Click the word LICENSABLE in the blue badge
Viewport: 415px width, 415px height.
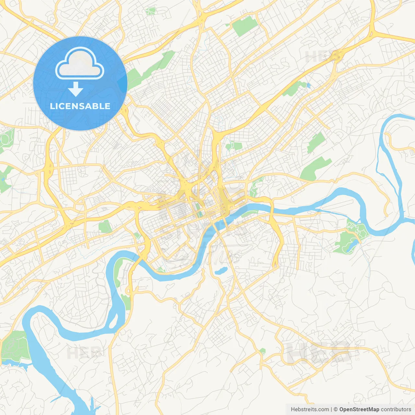coord(80,106)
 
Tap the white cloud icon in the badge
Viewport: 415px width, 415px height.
coord(80,63)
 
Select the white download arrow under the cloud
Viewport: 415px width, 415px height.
coord(76,89)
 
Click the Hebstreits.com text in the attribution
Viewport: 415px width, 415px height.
coord(310,409)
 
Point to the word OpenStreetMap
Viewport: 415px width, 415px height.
coord(359,409)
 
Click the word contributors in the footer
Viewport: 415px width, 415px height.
coord(396,409)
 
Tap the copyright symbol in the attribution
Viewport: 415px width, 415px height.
coord(336,409)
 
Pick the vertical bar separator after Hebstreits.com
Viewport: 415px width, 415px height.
coord(331,409)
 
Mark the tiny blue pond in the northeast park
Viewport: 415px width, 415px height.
coord(308,86)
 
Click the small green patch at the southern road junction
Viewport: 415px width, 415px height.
coord(262,351)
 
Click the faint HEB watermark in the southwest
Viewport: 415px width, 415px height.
coord(83,353)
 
